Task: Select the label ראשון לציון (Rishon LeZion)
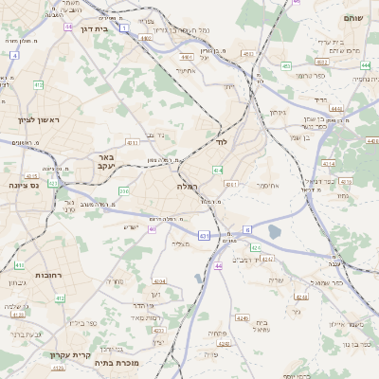(39, 119)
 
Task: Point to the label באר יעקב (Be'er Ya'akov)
(106, 161)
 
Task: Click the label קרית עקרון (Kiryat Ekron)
(69, 355)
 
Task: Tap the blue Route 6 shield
(247, 229)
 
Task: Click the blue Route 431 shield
(204, 234)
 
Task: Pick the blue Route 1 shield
(126, 28)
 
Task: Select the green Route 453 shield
(286, 66)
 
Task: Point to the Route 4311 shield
(231, 184)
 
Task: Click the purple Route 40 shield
(153, 228)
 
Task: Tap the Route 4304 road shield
(158, 280)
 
